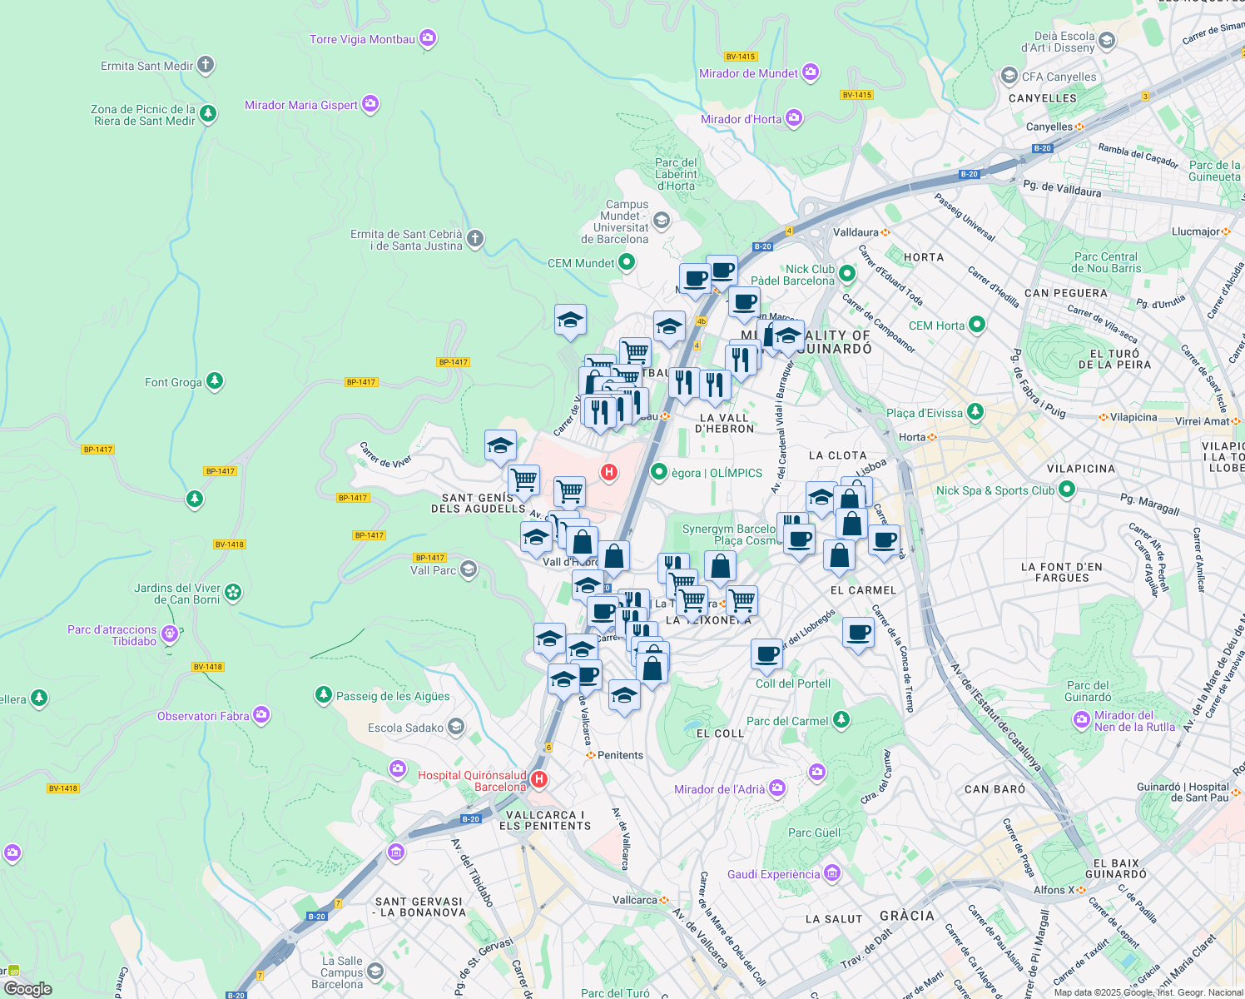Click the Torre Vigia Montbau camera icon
pos(428,38)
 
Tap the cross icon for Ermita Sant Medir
pos(206,65)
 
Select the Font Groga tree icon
pos(215,381)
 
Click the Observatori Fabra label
pos(203,716)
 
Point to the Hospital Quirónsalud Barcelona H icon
pos(538,780)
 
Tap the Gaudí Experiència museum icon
pos(832,873)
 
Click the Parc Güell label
pos(814,832)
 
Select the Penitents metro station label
pos(620,755)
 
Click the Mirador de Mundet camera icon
pos(811,72)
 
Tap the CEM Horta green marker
pos(977,325)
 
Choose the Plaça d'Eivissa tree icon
pos(975,412)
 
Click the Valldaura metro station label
pos(856,232)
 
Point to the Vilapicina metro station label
pos(1133,417)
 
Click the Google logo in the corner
pos(27,988)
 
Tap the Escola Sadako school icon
pos(455,727)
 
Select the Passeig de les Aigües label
pos(393,696)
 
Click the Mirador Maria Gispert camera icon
pos(370,104)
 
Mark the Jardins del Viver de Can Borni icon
pos(233,592)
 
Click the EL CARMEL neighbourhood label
pos(863,590)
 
